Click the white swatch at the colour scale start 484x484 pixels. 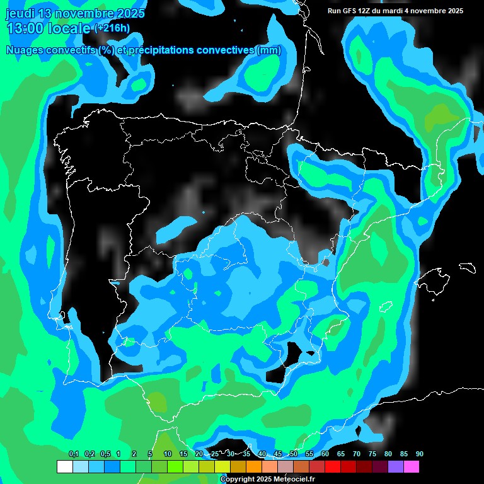click(64, 466)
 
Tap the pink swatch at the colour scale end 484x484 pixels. click(412, 466)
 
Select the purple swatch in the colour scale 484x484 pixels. click(396, 466)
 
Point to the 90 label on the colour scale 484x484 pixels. click(419, 454)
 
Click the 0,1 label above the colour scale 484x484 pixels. click(73, 454)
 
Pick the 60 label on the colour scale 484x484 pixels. click(325, 454)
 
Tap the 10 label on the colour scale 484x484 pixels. click(167, 454)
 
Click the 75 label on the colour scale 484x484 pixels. click(372, 454)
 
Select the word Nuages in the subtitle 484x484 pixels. click(26, 50)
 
